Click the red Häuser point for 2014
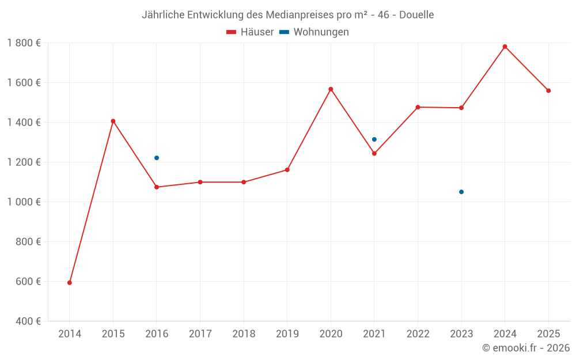70,283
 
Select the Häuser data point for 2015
113,121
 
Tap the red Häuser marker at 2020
331,89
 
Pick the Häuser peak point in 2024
505,47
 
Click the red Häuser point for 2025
548,90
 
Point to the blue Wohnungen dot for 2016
157,158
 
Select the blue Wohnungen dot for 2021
374,139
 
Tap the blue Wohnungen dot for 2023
461,192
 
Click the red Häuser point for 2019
287,170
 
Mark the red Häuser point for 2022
418,107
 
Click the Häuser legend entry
250,32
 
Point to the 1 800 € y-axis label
24,43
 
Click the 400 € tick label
28,321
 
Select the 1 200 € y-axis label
24,162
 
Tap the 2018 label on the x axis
244,334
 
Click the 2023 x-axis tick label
461,334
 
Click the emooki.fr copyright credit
526,348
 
